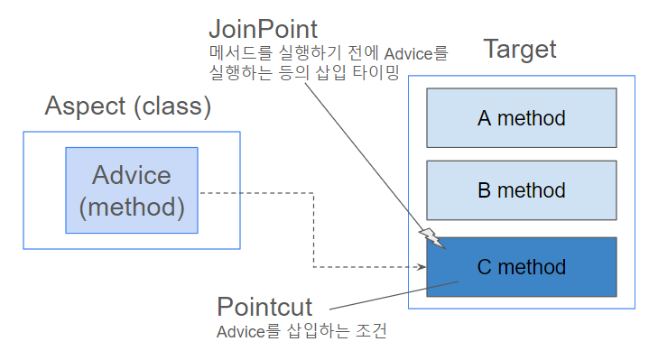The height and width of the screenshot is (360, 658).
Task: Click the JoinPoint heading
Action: point(264,30)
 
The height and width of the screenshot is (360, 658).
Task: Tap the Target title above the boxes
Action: point(520,50)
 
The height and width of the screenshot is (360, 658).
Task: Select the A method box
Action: point(522,118)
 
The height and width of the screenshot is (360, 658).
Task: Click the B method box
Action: point(522,190)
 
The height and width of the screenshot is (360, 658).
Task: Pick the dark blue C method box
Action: point(522,267)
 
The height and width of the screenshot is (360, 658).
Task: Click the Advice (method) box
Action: point(132,190)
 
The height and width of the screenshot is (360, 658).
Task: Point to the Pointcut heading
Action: point(264,307)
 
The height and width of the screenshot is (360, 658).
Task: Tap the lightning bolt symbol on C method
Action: point(432,239)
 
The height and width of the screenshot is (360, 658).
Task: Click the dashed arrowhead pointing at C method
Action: point(422,267)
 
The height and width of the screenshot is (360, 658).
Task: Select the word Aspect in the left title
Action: point(85,106)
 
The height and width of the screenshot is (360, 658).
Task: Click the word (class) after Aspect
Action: point(172,106)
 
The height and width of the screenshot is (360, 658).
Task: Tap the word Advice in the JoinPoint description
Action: point(408,54)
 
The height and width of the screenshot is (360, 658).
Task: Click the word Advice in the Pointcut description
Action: point(240,332)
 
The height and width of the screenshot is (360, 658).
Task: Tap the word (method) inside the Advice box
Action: point(132,208)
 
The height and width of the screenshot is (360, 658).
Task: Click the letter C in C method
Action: point(485,267)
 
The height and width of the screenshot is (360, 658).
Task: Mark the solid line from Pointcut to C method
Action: point(394,295)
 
